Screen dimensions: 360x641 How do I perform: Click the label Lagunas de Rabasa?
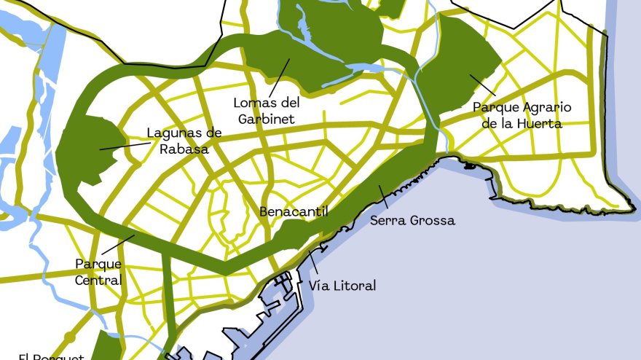point(184,141)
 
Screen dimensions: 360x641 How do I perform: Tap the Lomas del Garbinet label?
point(267,110)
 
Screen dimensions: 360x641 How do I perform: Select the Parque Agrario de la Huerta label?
point(522,115)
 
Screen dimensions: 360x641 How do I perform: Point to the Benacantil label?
point(294,212)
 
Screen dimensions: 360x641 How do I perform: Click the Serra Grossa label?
point(412,220)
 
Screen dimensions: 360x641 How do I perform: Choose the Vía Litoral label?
point(342,286)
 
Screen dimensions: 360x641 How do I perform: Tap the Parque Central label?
point(98,271)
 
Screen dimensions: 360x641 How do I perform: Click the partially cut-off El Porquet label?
point(51,356)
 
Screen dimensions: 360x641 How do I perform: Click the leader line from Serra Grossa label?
point(385,197)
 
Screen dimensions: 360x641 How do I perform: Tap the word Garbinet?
point(267,118)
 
